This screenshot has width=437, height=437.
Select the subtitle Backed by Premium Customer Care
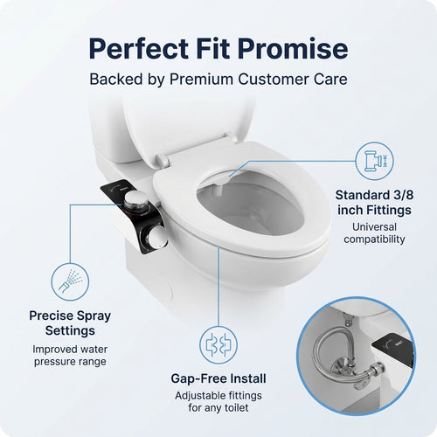(x=218, y=79)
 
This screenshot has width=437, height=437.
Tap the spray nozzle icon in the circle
(x=69, y=281)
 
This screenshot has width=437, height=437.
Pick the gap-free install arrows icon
(x=218, y=344)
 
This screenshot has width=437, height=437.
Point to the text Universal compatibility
(x=373, y=232)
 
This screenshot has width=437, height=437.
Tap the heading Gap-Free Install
(x=218, y=379)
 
